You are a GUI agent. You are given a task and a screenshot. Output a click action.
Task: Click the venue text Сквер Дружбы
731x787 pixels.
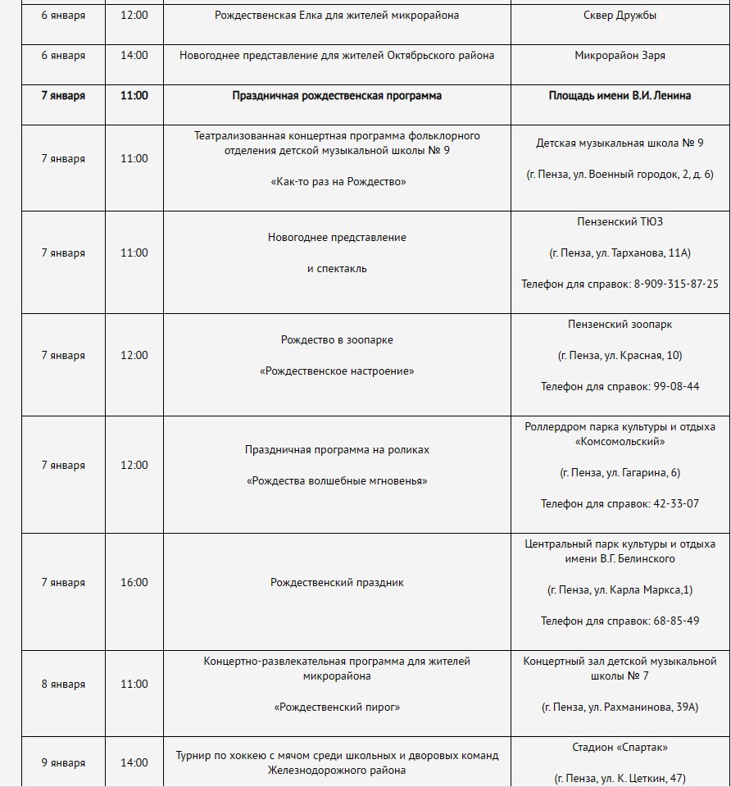click(620, 16)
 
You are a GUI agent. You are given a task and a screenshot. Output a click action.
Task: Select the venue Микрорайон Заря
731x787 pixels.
click(620, 56)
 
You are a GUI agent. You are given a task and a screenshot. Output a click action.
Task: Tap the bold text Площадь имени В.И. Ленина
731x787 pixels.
click(620, 96)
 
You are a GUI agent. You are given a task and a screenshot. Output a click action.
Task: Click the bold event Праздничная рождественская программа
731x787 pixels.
click(337, 96)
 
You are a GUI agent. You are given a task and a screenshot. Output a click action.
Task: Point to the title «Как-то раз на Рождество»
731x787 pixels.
click(337, 182)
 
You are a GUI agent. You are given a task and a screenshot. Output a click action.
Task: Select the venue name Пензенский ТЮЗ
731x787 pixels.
click(620, 221)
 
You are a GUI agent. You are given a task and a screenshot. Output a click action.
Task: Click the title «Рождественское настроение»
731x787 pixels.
click(337, 371)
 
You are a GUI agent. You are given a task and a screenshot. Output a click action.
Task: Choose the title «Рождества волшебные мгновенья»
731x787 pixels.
click(337, 481)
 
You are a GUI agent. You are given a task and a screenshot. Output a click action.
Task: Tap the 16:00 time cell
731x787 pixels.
click(134, 583)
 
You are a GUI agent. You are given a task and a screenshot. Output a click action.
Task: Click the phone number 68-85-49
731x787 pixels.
click(676, 621)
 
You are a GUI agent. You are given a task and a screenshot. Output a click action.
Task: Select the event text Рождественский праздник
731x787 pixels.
click(337, 583)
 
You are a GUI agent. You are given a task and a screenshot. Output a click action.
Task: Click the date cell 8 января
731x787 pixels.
click(63, 685)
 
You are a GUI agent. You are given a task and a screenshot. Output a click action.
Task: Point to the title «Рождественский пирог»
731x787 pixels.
click(337, 707)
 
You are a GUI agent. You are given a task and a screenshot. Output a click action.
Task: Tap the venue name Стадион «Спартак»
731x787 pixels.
click(620, 747)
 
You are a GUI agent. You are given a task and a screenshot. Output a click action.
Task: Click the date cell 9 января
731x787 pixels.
click(63, 763)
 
